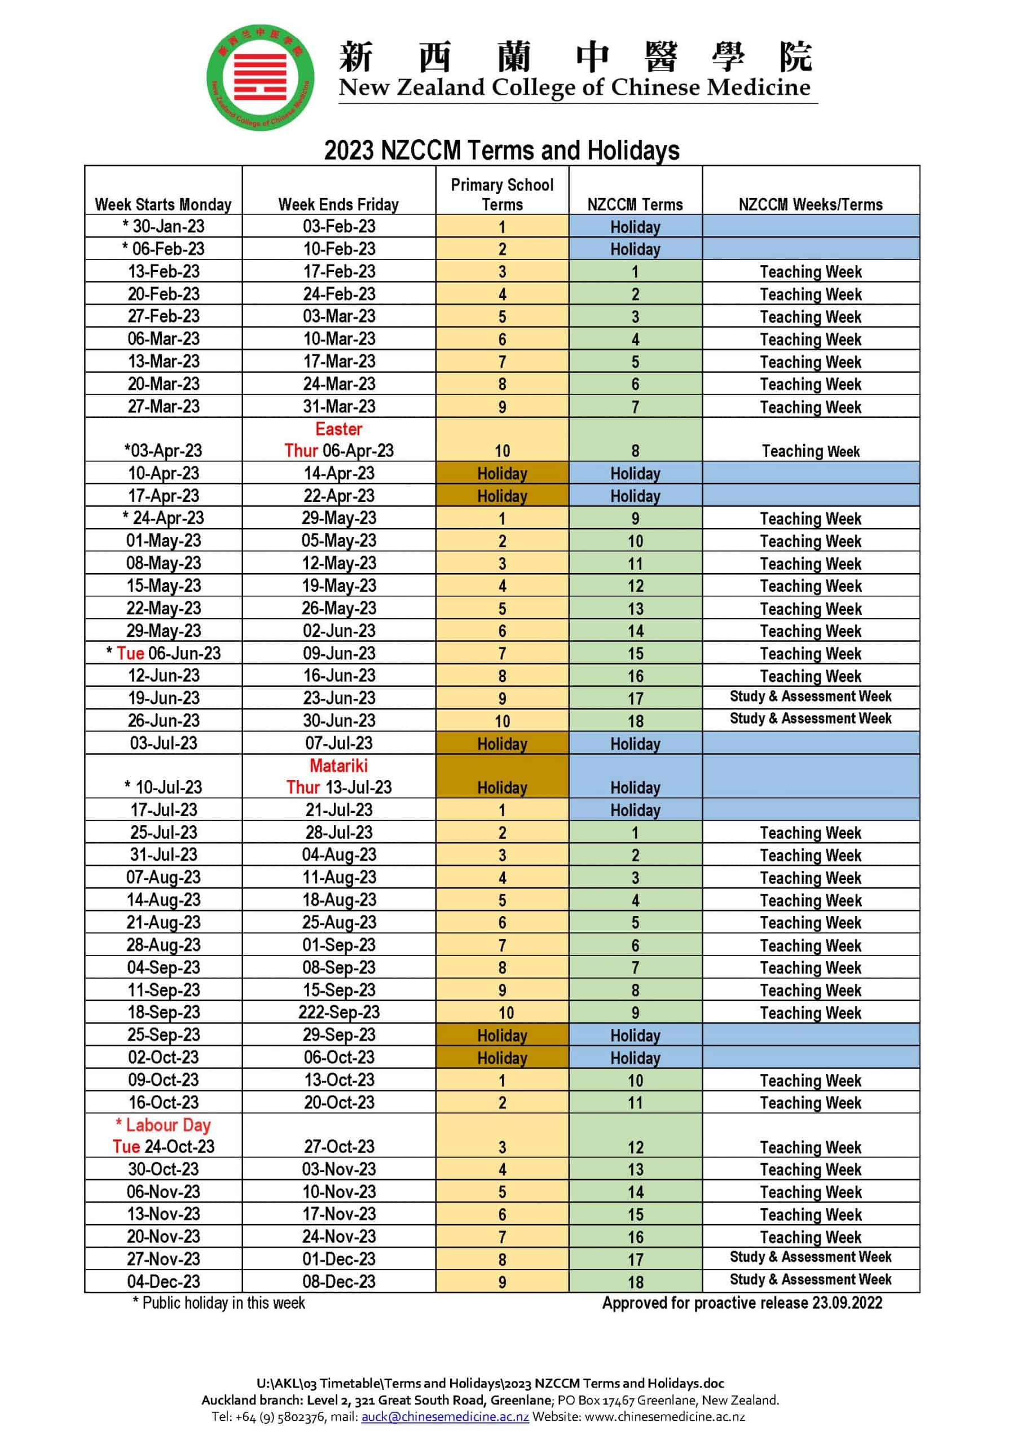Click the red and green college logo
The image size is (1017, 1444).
261,77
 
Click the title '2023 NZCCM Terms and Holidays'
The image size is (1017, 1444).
501,151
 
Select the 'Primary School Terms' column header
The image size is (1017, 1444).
502,195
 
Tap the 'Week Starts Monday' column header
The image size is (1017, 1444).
163,204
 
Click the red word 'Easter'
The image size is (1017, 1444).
338,429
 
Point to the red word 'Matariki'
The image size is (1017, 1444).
338,765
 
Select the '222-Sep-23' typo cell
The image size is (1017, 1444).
338,1012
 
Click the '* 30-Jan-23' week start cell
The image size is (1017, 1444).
163,226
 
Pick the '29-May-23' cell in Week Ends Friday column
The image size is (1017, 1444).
338,518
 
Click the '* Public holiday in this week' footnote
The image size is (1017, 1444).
218,1302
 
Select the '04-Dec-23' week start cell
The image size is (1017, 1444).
163,1281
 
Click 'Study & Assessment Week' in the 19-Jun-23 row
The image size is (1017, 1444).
810,696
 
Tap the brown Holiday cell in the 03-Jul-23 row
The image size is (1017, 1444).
502,743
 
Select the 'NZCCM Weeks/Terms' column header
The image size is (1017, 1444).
810,204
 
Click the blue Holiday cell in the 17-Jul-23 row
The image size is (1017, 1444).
635,810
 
